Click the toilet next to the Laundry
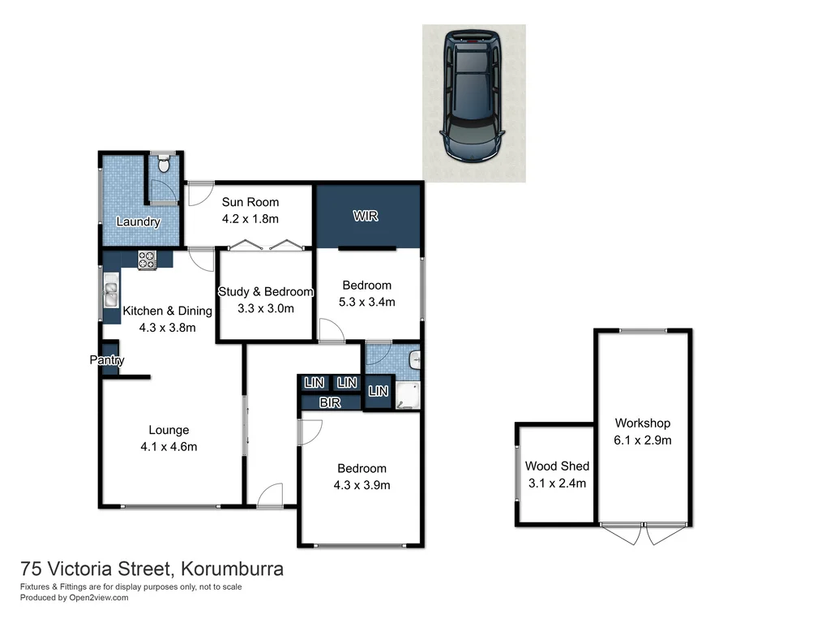click(x=164, y=165)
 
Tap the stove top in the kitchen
click(x=148, y=260)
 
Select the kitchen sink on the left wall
click(x=110, y=291)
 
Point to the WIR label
click(x=366, y=217)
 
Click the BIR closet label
click(x=329, y=402)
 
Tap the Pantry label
click(x=107, y=360)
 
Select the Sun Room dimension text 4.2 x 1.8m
click(x=250, y=219)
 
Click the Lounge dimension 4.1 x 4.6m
click(x=169, y=446)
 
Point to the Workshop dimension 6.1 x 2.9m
click(x=643, y=440)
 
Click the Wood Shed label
click(x=557, y=466)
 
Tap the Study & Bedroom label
click(x=266, y=292)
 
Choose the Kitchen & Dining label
click(x=167, y=311)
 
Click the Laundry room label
click(x=139, y=222)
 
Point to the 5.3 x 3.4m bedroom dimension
click(x=367, y=302)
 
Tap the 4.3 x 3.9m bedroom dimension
click(x=362, y=486)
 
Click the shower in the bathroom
click(x=408, y=396)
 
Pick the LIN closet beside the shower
click(x=379, y=392)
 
